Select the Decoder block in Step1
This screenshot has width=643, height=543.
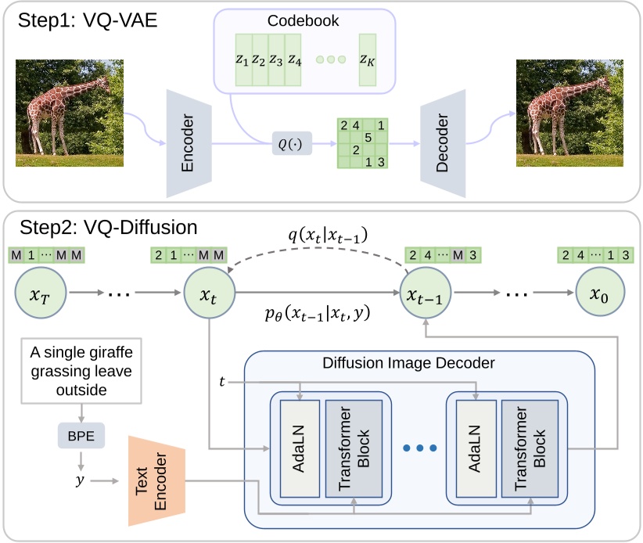(442, 143)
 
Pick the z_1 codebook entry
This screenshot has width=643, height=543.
(242, 59)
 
